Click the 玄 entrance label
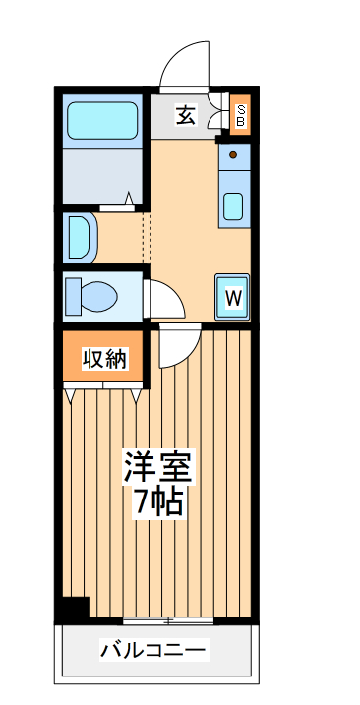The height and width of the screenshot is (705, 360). click(184, 114)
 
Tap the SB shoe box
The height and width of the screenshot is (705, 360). click(240, 114)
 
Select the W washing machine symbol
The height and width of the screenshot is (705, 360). click(233, 296)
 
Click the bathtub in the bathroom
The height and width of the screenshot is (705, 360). click(103, 123)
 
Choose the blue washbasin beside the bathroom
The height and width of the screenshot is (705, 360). click(79, 238)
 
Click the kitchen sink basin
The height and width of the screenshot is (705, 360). click(234, 206)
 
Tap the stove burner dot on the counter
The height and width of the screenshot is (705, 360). click(233, 154)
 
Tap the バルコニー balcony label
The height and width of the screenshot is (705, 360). click(154, 650)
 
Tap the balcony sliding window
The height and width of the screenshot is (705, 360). click(169, 621)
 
